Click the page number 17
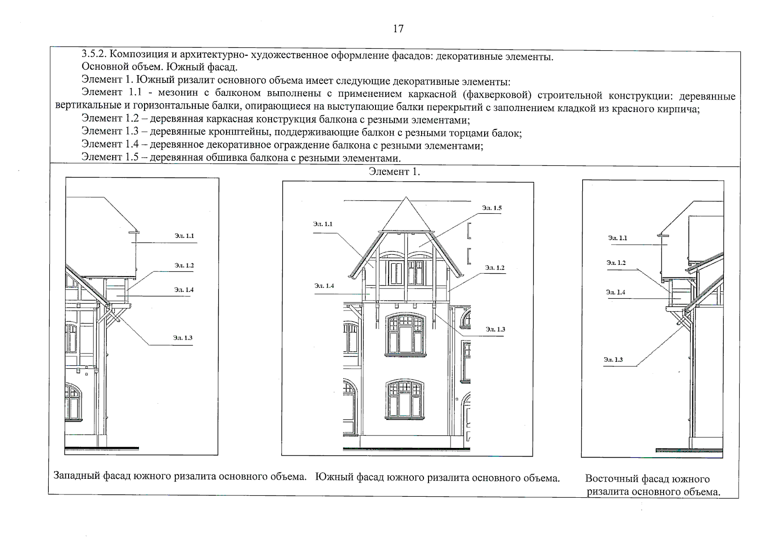pyautogui.click(x=398, y=29)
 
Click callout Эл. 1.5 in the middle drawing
pyautogui.click(x=492, y=208)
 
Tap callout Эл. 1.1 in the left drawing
pyautogui.click(x=184, y=235)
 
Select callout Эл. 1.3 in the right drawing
pyautogui.click(x=614, y=359)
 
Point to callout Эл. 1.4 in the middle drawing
pyautogui.click(x=324, y=286)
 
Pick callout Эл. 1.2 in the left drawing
pyautogui.click(x=184, y=265)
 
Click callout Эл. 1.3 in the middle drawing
pyautogui.click(x=495, y=329)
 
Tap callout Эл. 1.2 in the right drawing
pyautogui.click(x=616, y=263)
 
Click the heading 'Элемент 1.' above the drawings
pyautogui.click(x=394, y=172)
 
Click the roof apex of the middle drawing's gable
pyautogui.click(x=406, y=198)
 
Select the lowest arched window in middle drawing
pyautogui.click(x=405, y=399)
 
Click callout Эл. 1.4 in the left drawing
pyautogui.click(x=184, y=290)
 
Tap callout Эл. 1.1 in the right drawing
pyautogui.click(x=617, y=238)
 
